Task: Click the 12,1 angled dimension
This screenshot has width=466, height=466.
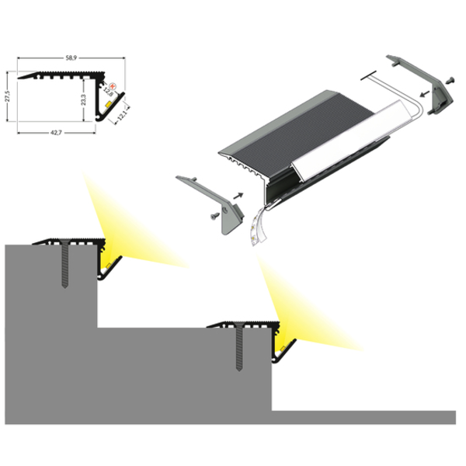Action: tap(122, 116)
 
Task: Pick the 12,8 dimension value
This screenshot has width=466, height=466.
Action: tap(110, 93)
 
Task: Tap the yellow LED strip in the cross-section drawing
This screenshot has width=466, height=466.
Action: tap(103, 101)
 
